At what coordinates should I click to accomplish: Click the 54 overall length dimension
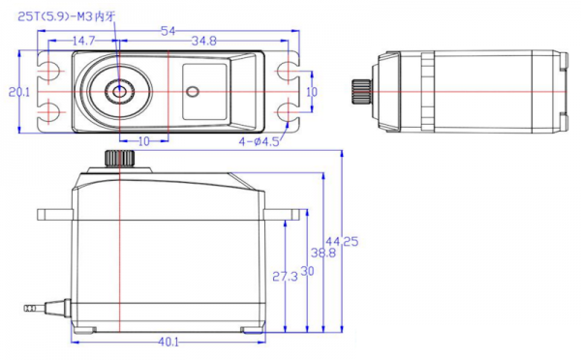click(168, 31)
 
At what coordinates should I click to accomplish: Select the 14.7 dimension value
click(83, 41)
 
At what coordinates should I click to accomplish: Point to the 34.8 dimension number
click(203, 41)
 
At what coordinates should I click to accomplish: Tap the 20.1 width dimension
click(19, 92)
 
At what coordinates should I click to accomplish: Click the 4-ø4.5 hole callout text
click(259, 141)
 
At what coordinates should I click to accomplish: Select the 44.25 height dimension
click(342, 242)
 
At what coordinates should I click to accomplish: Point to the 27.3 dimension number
click(285, 277)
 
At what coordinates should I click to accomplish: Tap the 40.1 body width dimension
click(168, 342)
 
